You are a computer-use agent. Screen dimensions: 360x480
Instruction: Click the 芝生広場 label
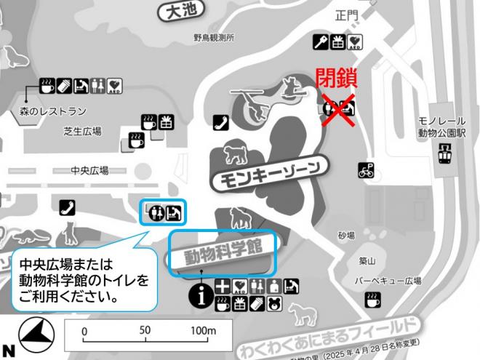pyautogui.click(x=82, y=132)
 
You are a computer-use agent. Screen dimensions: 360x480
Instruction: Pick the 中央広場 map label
pyautogui.click(x=89, y=170)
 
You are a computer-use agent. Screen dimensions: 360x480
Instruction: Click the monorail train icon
pyautogui.click(x=441, y=153)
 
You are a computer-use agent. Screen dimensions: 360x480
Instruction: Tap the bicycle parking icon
pyautogui.click(x=367, y=172)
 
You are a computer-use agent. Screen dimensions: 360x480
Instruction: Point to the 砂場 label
pyautogui.click(x=346, y=236)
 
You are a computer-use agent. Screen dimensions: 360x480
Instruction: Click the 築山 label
pyautogui.click(x=367, y=260)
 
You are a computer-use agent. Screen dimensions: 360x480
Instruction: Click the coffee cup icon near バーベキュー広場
pyautogui.click(x=372, y=299)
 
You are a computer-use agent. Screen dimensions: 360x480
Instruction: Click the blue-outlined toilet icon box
pyautogui.click(x=163, y=212)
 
